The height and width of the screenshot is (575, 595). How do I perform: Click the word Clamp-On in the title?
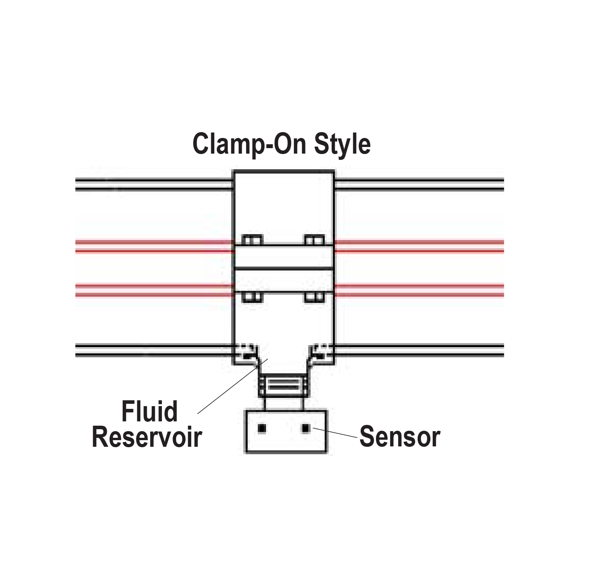(x=250, y=144)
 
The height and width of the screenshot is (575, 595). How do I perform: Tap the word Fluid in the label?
(x=149, y=411)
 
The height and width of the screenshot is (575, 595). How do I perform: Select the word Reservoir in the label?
(x=147, y=437)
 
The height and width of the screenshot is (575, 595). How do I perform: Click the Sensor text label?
(x=399, y=437)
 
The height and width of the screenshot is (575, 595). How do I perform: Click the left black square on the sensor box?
(x=262, y=429)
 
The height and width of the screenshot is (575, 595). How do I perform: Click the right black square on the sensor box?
(x=306, y=429)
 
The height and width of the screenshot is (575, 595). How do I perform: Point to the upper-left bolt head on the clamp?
(x=252, y=240)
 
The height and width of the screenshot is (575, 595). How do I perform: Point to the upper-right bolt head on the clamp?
(x=315, y=240)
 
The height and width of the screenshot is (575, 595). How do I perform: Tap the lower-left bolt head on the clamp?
(x=252, y=297)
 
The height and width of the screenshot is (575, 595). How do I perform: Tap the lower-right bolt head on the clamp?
(x=315, y=297)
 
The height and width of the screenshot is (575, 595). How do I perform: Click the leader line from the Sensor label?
(x=336, y=433)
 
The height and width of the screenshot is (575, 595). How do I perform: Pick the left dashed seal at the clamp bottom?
(x=246, y=351)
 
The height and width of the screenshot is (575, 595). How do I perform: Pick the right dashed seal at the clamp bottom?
(x=321, y=351)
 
